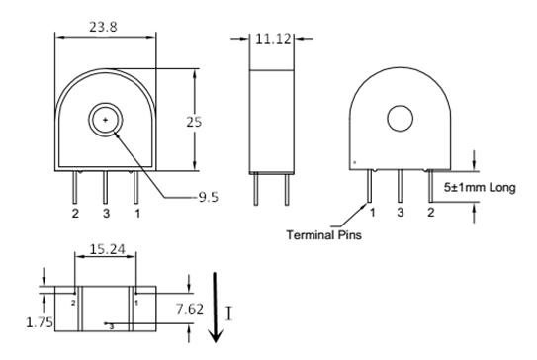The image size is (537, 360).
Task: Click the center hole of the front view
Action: point(105,119)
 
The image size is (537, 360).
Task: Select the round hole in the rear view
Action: point(400,118)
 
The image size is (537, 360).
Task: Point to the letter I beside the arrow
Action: point(230,314)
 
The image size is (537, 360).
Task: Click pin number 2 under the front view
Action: point(74,213)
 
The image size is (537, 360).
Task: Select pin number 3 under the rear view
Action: point(401,212)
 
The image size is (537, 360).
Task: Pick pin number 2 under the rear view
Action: point(431,212)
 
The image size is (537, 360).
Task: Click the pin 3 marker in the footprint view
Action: point(111,325)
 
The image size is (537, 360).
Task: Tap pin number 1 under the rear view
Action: point(371,212)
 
